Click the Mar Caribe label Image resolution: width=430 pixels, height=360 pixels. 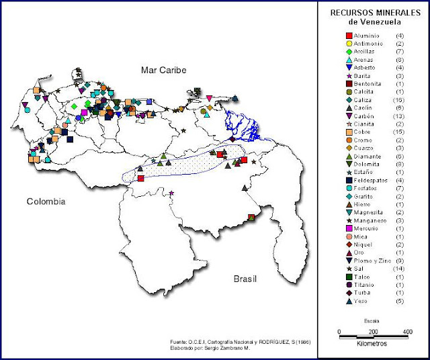(163, 70)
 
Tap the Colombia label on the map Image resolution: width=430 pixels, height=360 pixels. (46, 201)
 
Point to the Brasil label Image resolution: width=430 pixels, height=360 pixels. (246, 278)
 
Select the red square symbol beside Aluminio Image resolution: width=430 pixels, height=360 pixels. (349, 35)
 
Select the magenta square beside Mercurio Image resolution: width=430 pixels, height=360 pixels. (349, 228)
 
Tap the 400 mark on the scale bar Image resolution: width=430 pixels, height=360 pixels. (407, 332)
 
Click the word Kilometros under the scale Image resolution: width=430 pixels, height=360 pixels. (374, 343)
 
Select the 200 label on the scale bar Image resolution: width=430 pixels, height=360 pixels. (373, 332)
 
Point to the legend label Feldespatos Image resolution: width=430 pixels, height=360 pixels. (370, 180)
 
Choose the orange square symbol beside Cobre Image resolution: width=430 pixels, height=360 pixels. (349, 132)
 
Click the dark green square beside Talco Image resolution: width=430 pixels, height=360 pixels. (349, 277)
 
